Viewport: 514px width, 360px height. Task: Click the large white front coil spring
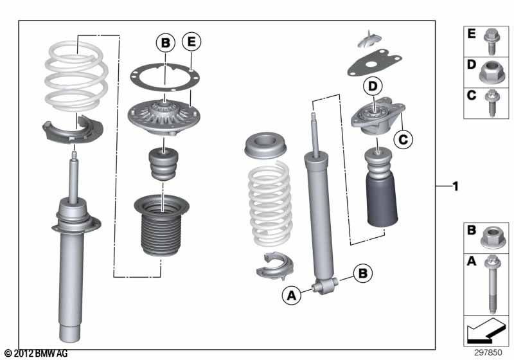coord(76,76)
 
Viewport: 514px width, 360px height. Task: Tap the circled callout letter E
coord(191,43)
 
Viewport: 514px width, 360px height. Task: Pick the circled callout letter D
coord(371,85)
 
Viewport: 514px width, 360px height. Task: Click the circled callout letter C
coord(403,138)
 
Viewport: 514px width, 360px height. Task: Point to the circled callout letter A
coord(292,296)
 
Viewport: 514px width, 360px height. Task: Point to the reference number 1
coord(455,187)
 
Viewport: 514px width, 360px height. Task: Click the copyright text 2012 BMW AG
coord(37,354)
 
